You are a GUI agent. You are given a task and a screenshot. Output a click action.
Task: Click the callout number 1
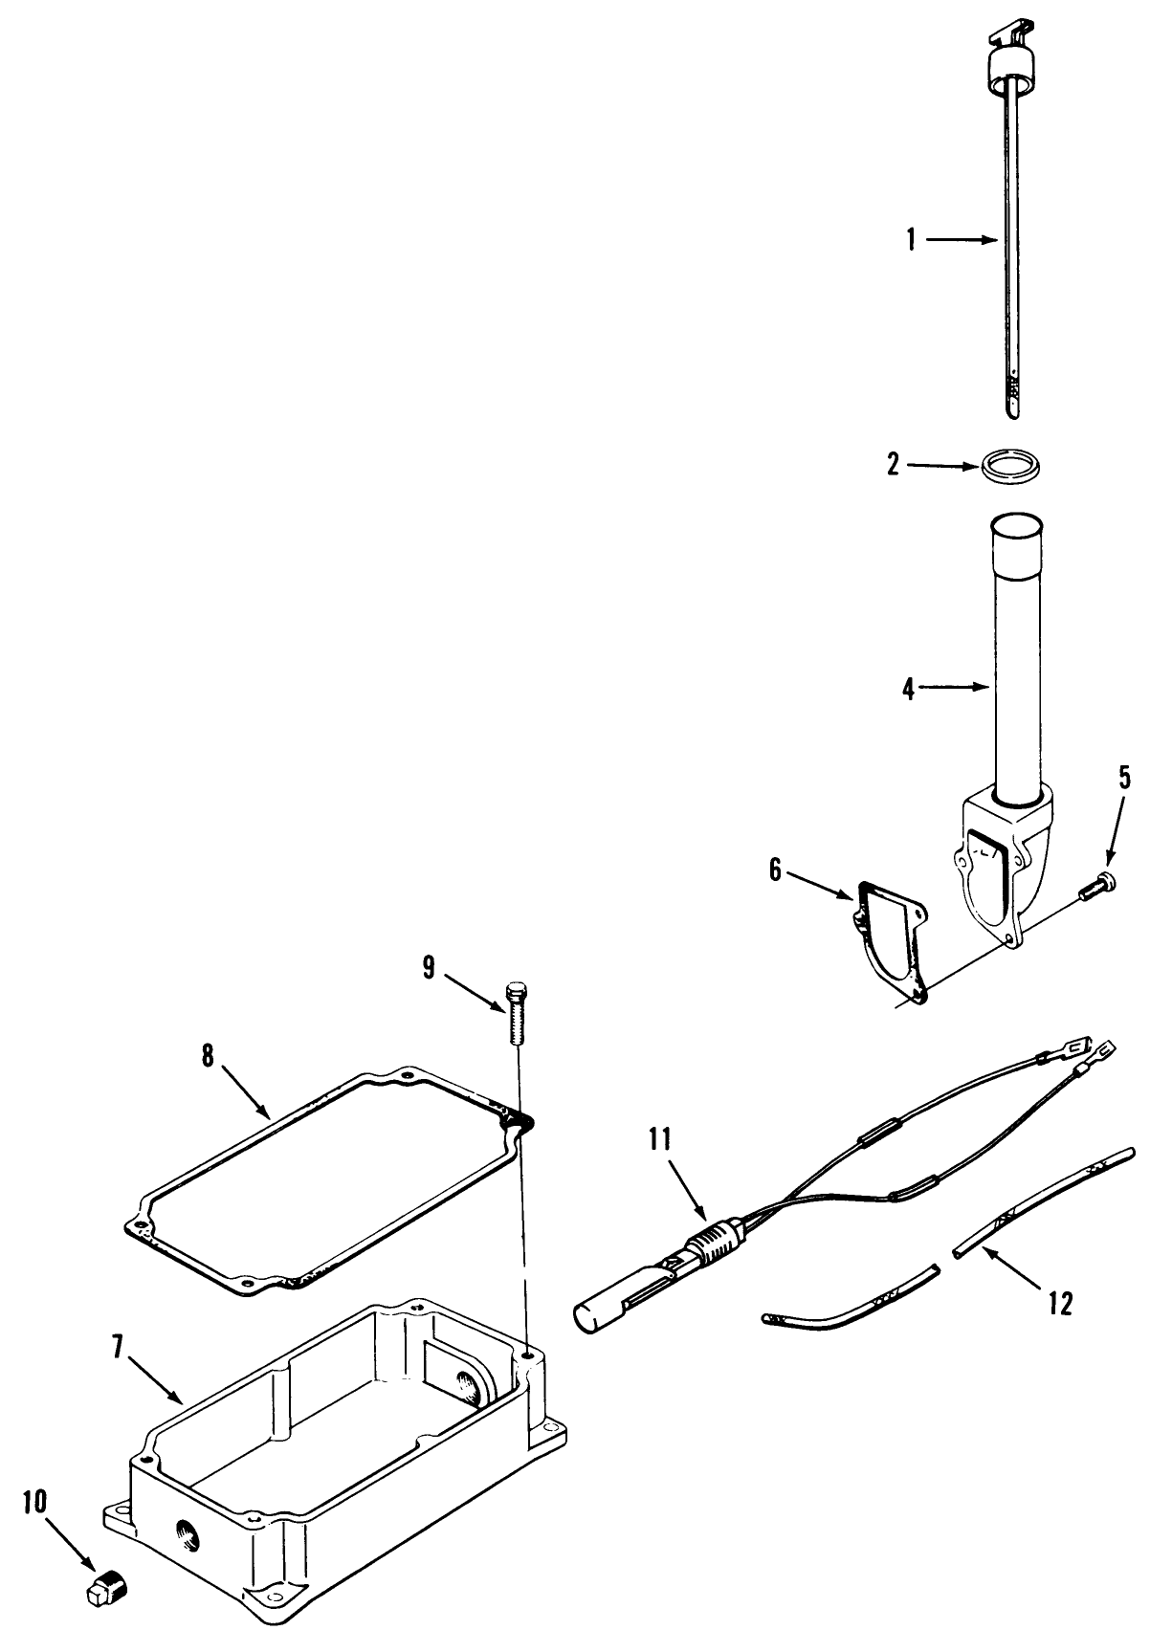911,240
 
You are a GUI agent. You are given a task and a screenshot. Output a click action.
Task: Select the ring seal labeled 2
1012,469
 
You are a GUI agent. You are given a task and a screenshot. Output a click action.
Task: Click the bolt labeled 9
516,1015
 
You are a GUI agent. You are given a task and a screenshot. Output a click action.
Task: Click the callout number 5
1123,778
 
